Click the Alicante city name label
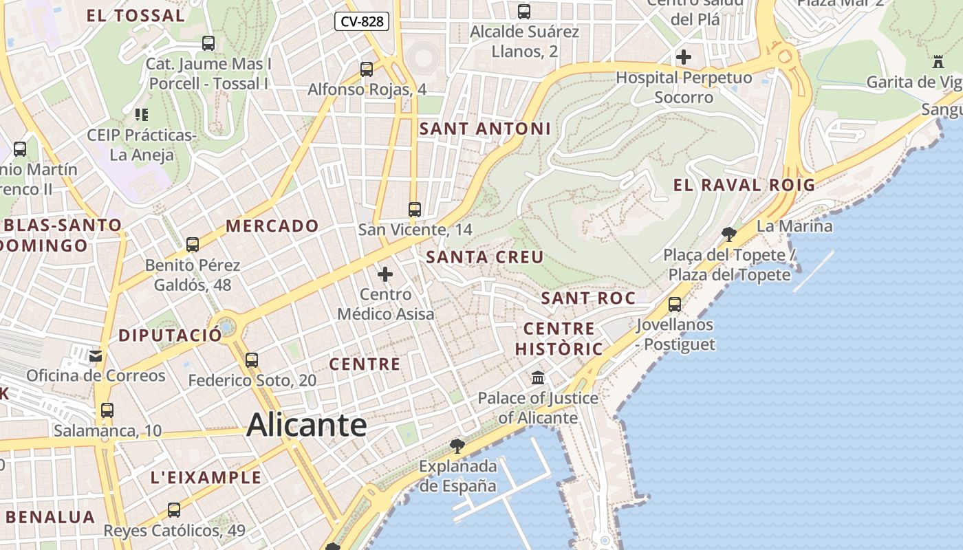(307, 424)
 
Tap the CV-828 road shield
(362, 21)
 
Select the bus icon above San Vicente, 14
(414, 210)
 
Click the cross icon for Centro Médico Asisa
(385, 275)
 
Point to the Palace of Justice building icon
(538, 378)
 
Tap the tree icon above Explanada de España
(457, 446)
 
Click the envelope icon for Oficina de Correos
(96, 355)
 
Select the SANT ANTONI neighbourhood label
(485, 129)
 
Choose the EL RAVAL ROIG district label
(744, 185)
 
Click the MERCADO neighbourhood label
(272, 225)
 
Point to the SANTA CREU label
(485, 257)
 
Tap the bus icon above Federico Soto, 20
(252, 360)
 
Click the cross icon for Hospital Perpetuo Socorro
(683, 57)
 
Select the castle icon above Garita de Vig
(938, 62)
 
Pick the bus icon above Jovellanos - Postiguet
(675, 304)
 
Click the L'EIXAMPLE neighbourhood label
(206, 477)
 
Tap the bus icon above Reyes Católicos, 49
(174, 510)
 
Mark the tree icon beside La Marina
(729, 234)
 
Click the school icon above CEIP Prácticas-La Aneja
(142, 114)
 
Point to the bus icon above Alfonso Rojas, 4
(367, 69)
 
